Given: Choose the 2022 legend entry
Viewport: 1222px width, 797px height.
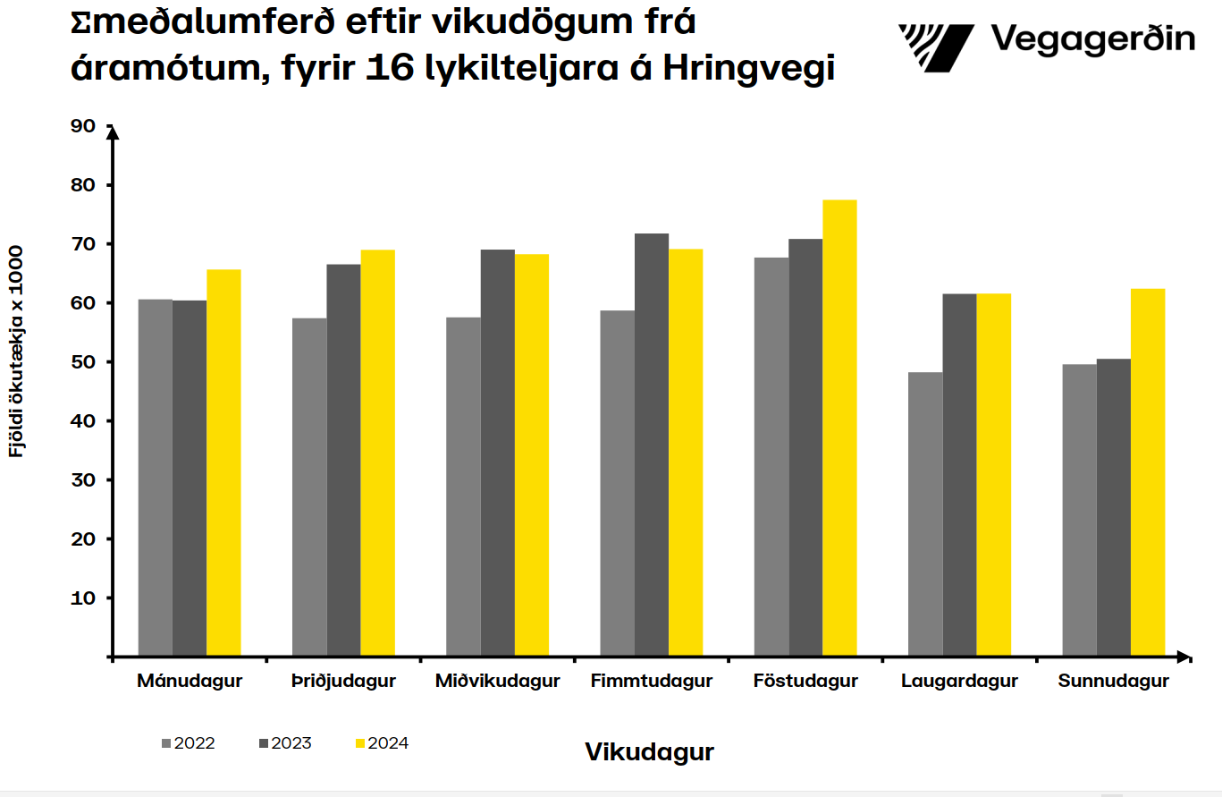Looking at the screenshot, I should pyautogui.click(x=189, y=743).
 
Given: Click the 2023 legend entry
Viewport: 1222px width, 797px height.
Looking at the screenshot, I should pyautogui.click(x=285, y=743).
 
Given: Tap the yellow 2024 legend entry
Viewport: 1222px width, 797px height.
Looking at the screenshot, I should pyautogui.click(x=382, y=743).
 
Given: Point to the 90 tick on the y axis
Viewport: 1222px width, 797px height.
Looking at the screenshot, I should pyautogui.click(x=83, y=126).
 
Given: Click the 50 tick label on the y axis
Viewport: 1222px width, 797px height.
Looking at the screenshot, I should pyautogui.click(x=83, y=362).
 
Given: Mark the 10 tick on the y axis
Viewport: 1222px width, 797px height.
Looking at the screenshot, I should pyautogui.click(x=83, y=598).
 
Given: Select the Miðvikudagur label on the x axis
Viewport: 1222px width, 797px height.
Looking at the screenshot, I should pyautogui.click(x=498, y=682).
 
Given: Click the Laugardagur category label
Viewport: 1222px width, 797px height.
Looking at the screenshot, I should pyautogui.click(x=959, y=682).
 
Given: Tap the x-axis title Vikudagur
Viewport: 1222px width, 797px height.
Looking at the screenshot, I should pyautogui.click(x=650, y=752).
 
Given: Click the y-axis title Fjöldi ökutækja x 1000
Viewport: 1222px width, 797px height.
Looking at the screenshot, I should pyautogui.click(x=16, y=351).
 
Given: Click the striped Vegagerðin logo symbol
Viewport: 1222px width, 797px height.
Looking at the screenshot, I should pyautogui.click(x=936, y=47).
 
